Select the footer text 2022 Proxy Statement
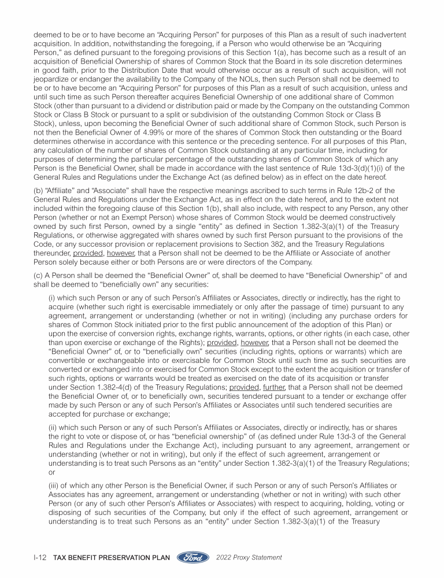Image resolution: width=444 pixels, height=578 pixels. tap(248, 558)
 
